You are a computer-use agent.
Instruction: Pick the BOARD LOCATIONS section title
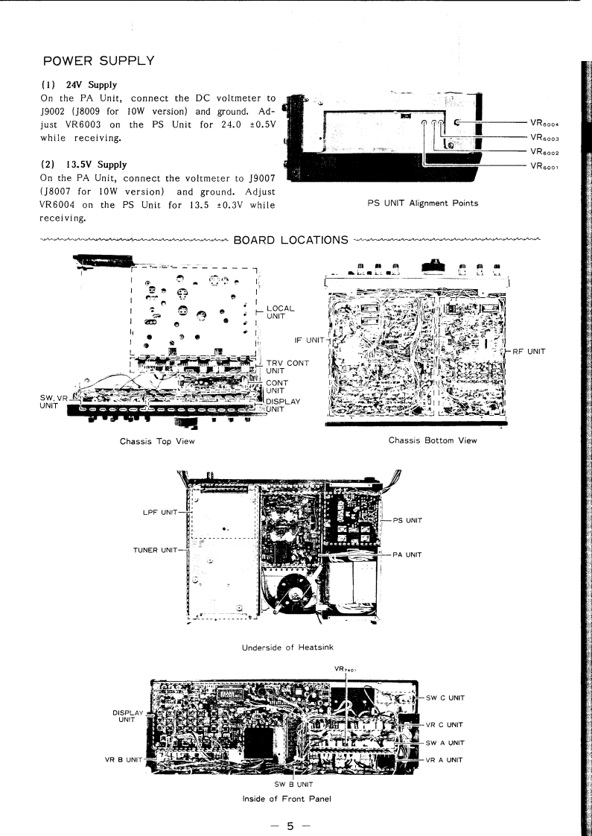[291, 240]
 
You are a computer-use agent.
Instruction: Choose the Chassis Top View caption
[157, 441]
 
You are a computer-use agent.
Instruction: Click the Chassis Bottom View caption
[433, 440]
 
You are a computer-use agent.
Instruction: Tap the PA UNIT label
[408, 554]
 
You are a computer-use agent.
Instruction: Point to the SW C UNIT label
[445, 697]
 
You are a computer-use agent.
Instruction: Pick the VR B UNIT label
[123, 760]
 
